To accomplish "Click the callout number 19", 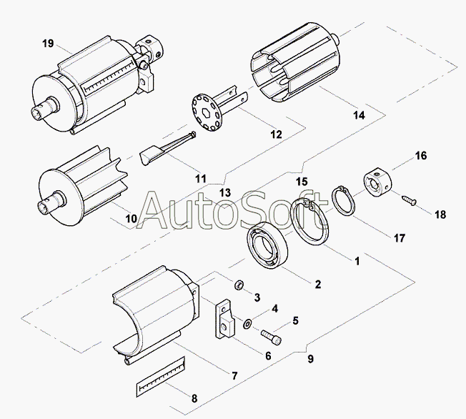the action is point(48,44).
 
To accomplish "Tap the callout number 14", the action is point(358,115).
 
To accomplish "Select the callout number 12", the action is point(275,134).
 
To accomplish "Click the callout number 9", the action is point(309,359).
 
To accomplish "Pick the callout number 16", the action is point(420,156).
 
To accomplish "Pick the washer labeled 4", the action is point(247,324).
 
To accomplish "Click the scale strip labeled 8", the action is point(161,378).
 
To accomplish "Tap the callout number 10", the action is point(130,218).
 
